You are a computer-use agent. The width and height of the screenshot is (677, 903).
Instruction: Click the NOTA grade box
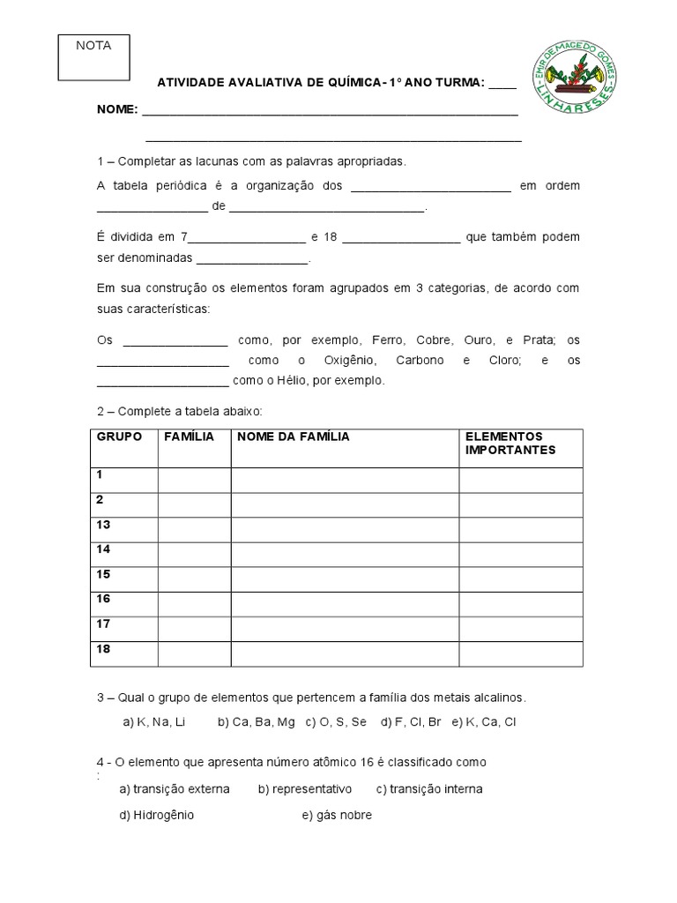click(93, 57)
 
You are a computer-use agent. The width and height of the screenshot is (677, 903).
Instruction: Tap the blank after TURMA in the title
click(502, 83)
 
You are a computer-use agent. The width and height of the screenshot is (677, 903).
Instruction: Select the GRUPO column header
click(119, 437)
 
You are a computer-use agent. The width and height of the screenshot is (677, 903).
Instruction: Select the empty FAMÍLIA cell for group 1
click(194, 480)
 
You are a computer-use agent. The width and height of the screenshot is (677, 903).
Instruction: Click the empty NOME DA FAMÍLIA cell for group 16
click(344, 604)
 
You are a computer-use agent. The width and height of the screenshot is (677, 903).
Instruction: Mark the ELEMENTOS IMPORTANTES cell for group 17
click(520, 629)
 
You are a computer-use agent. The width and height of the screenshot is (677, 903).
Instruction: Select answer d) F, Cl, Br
click(411, 721)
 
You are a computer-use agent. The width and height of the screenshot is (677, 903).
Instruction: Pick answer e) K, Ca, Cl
click(484, 721)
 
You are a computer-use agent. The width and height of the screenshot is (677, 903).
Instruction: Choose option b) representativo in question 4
click(305, 788)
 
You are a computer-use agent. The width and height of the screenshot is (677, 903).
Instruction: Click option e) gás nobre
click(337, 815)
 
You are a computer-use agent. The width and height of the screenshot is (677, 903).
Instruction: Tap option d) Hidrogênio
click(157, 815)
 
